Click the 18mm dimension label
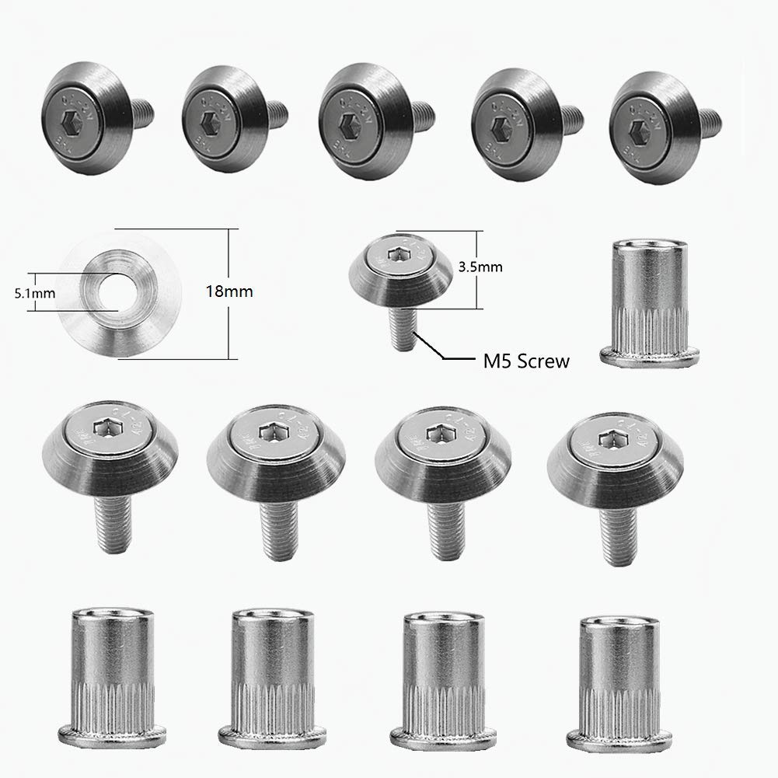coord(231,292)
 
